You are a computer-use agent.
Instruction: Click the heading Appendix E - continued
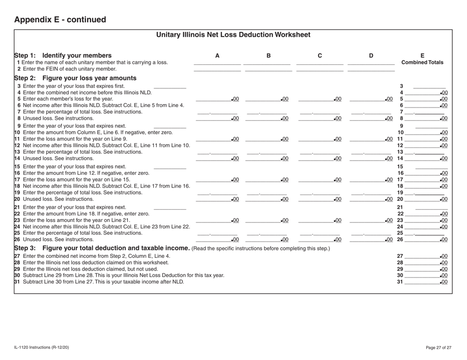click(x=60, y=20)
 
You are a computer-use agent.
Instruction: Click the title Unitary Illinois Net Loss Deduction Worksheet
click(x=233, y=35)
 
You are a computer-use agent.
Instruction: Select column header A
click(x=217, y=55)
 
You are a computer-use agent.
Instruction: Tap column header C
click(x=320, y=55)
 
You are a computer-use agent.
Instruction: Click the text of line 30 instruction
click(x=120, y=275)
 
